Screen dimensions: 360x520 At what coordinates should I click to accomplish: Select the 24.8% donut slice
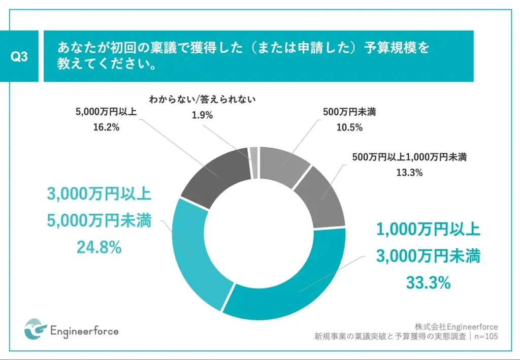[x=196, y=254]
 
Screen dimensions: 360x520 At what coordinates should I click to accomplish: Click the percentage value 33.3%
[x=428, y=283]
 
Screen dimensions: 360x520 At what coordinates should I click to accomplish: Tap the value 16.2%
[x=106, y=128]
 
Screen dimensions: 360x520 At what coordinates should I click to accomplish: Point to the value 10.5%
[x=349, y=127]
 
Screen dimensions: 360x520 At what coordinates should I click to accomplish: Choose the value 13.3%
[x=409, y=173]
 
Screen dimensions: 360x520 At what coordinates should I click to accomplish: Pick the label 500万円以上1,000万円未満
[x=409, y=157]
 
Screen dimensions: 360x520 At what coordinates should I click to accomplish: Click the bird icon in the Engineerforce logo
[x=36, y=330]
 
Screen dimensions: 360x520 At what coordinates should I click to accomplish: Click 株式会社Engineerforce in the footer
[x=456, y=326]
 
